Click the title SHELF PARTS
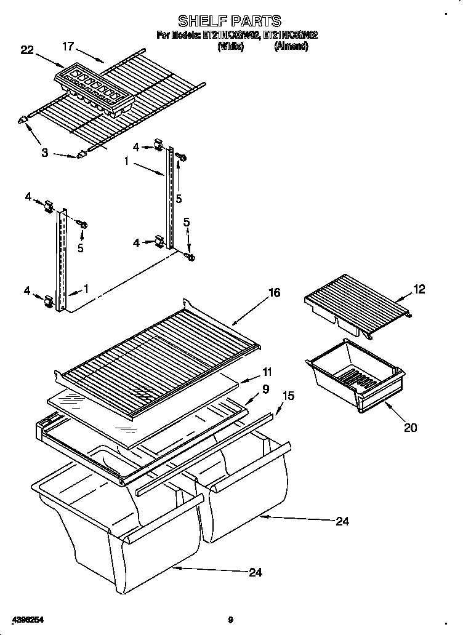(x=229, y=22)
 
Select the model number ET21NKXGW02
(x=231, y=36)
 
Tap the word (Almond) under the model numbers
(x=291, y=46)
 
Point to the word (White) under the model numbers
(x=231, y=46)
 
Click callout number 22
(x=26, y=50)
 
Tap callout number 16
(x=275, y=293)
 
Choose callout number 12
(x=419, y=290)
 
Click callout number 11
(x=267, y=372)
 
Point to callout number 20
(x=410, y=428)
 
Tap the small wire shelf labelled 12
(x=357, y=306)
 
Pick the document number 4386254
(x=26, y=620)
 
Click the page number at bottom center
(x=230, y=620)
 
